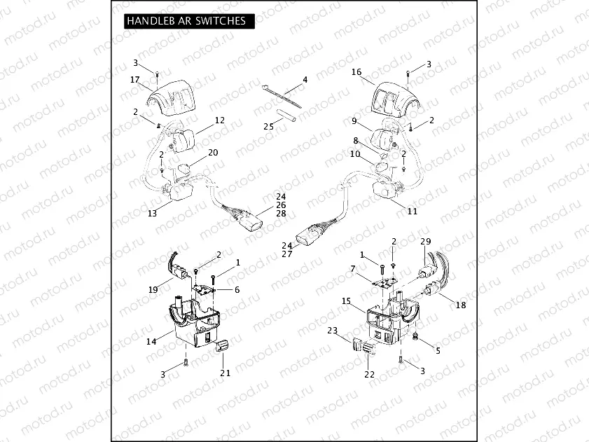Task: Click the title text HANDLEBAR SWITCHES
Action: (186, 21)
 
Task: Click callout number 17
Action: (134, 80)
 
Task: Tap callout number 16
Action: (356, 72)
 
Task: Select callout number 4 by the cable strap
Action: (305, 80)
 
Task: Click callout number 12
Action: (219, 120)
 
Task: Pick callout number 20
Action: (213, 153)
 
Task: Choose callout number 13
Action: (152, 214)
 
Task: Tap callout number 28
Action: (261, 213)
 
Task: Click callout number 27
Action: (287, 254)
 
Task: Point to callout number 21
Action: (225, 373)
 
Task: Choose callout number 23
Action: (332, 329)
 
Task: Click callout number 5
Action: (438, 350)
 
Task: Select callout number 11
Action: (412, 210)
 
